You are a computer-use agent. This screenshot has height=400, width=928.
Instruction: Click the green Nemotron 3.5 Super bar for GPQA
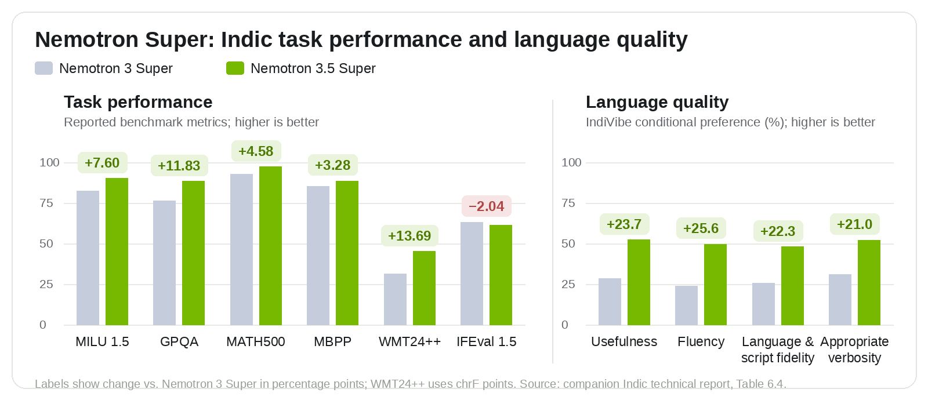193,253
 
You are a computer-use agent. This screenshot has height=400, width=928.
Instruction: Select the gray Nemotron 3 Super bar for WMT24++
395,299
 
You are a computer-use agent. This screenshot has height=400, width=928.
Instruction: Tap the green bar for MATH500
270,246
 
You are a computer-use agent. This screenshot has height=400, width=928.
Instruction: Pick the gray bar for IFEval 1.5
472,274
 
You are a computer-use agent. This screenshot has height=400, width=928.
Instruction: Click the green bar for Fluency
716,285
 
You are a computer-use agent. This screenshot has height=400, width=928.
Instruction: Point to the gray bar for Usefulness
610,302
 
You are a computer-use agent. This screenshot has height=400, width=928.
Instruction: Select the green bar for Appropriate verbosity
869,282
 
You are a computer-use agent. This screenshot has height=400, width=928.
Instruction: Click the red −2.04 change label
487,206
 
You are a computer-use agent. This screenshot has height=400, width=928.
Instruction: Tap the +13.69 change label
409,235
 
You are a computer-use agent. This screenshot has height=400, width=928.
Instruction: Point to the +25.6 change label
701,228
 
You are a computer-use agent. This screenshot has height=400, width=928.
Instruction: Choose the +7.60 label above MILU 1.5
102,163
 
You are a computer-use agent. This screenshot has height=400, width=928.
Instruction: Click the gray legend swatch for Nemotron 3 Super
44,68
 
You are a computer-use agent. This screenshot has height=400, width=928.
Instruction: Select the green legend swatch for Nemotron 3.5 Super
235,68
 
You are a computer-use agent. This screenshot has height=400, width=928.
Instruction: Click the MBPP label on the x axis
333,341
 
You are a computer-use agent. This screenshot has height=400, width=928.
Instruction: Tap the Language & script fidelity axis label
778,350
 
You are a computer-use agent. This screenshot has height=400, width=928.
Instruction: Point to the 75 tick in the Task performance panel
46,203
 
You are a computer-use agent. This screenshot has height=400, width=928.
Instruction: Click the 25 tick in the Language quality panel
568,284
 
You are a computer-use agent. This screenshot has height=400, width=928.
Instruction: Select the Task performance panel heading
138,102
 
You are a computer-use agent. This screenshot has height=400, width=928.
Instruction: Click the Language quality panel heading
657,102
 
